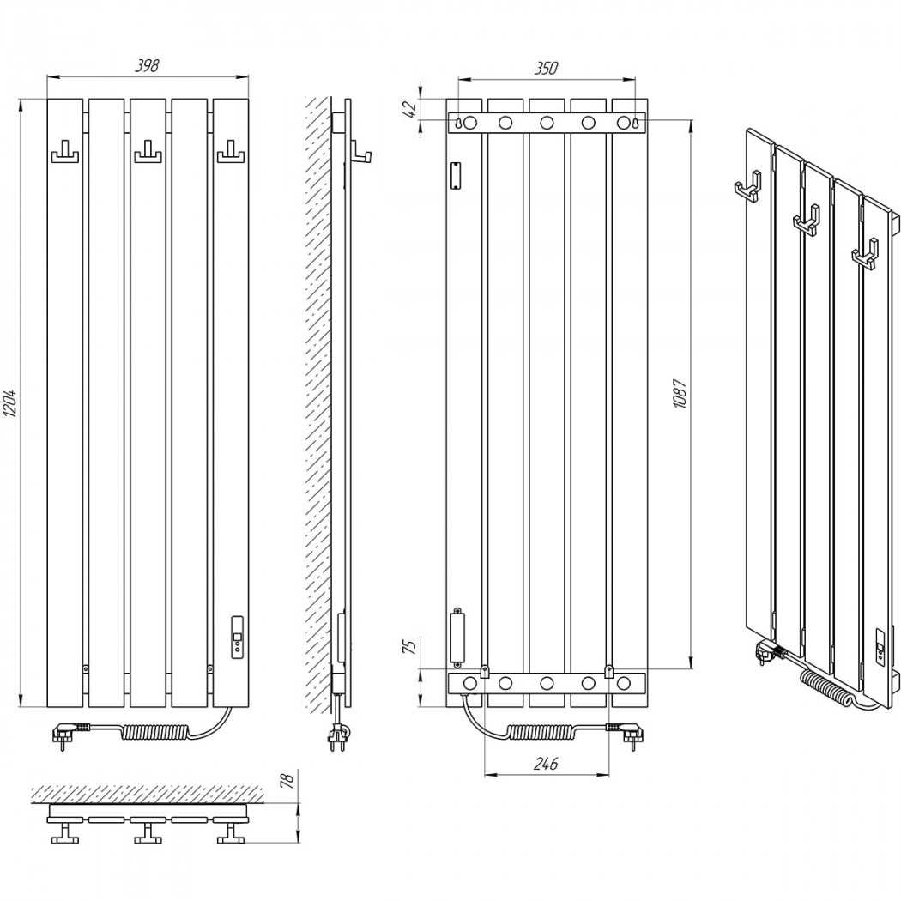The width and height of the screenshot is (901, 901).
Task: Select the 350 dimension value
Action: [546, 68]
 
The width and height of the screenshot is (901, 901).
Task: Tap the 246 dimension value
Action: [546, 763]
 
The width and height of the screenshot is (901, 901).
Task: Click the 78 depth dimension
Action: [287, 779]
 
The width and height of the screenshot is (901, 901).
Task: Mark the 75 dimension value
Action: [411, 647]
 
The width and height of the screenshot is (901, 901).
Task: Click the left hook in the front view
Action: [65, 154]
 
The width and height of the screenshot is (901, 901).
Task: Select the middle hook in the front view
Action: [148, 154]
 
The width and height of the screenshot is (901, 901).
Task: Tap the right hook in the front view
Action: [231, 154]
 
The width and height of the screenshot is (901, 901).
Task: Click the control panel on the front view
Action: [237, 637]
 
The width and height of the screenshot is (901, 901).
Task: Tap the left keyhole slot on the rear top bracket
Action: [458, 123]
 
